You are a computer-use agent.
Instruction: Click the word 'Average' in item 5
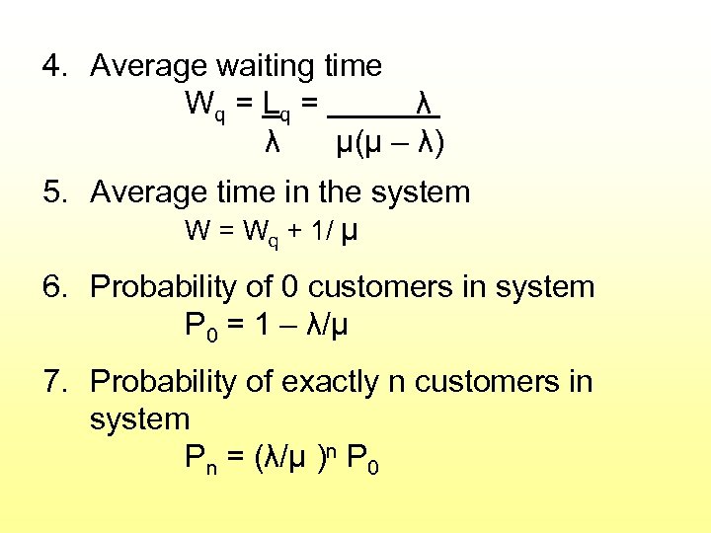coord(145,191)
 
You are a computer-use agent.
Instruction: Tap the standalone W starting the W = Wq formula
coord(197,232)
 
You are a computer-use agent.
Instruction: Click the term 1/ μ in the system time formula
coord(335,232)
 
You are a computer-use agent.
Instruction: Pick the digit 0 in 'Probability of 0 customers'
coord(289,287)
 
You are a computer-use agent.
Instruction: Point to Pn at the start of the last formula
coord(201,458)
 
